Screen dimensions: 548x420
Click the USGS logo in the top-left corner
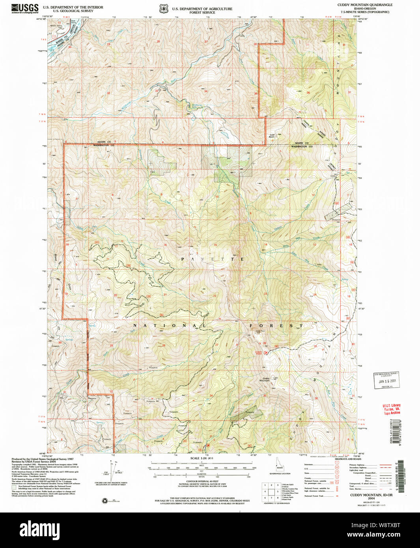(x=24, y=8)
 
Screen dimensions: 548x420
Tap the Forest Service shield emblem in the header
(x=162, y=8)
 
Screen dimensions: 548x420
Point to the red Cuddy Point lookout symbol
(x=266, y=352)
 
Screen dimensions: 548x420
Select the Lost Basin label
(x=272, y=136)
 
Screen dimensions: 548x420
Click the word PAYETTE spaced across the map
(x=212, y=259)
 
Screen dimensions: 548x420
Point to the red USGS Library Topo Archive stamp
(x=392, y=409)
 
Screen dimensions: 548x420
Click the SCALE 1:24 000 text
(x=201, y=458)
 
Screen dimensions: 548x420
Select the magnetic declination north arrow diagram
(x=112, y=471)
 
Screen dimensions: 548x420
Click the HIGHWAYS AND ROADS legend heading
(x=347, y=459)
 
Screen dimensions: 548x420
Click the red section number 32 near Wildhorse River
(x=108, y=93)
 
